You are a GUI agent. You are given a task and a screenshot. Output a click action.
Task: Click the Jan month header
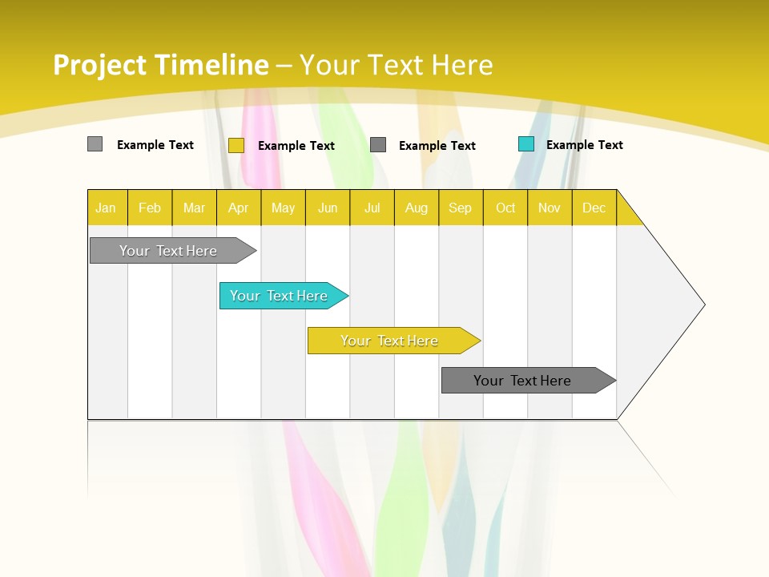click(106, 208)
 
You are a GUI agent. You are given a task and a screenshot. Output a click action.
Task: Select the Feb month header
click(150, 208)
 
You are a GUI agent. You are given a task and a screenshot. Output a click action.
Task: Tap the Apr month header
click(238, 208)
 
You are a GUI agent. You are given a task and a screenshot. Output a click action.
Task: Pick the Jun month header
click(328, 208)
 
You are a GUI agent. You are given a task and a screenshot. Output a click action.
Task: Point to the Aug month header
click(416, 208)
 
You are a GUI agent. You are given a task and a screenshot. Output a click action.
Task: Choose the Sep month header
click(460, 208)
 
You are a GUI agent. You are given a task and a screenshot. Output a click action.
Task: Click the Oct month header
click(505, 208)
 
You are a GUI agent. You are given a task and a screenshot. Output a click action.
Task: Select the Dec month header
click(594, 208)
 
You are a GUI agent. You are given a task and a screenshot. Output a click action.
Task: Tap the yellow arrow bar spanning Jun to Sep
click(390, 341)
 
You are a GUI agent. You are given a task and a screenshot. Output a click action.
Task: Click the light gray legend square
click(95, 144)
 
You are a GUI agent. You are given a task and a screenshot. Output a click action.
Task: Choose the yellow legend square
click(236, 145)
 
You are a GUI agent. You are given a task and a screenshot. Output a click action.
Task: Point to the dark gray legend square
click(378, 144)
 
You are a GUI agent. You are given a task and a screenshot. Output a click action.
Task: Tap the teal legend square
click(525, 144)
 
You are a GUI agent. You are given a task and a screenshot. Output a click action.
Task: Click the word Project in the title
click(100, 65)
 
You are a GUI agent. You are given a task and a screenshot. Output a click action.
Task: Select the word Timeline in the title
click(211, 65)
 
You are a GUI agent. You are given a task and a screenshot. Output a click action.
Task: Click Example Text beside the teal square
click(584, 144)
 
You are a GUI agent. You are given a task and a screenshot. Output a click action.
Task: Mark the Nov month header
click(550, 208)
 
